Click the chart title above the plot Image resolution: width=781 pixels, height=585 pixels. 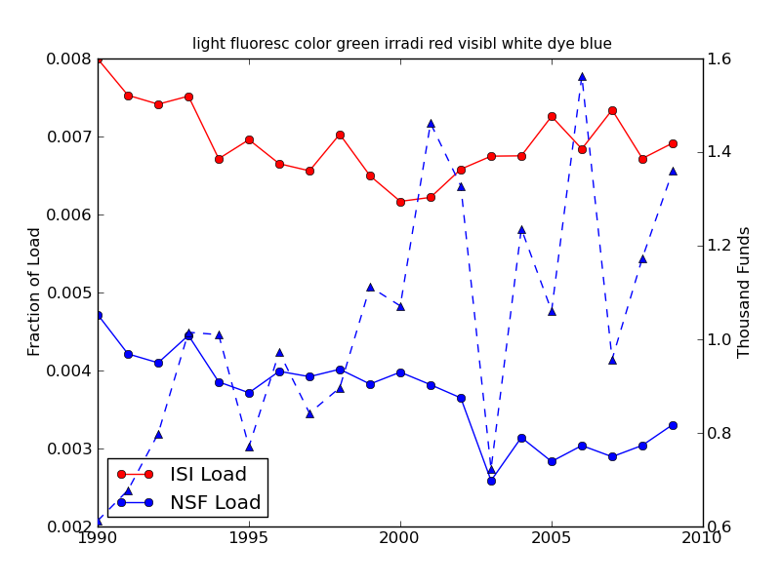(x=401, y=44)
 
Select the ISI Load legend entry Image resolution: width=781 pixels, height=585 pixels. (x=208, y=475)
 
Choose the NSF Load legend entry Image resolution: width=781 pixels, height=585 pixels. (x=215, y=503)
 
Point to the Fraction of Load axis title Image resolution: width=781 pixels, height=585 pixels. (x=35, y=292)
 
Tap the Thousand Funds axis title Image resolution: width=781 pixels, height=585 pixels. (x=744, y=292)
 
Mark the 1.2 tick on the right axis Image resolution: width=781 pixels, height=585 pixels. (x=721, y=246)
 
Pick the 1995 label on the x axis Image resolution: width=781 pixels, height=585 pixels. (x=249, y=537)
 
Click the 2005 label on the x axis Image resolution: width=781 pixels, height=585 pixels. (x=552, y=537)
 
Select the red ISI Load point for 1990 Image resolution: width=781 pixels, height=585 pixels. (x=98, y=58)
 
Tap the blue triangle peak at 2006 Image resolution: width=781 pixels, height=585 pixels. (x=582, y=76)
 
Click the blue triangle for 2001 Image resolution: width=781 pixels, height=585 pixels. (x=431, y=124)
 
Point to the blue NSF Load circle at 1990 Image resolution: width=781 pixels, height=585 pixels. (x=98, y=315)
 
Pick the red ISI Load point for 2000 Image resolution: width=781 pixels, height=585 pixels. (x=400, y=202)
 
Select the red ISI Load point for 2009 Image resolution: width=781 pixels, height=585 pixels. (x=673, y=143)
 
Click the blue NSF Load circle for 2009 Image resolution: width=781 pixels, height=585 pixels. (x=673, y=425)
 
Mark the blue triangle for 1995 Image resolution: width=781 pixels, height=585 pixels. (x=249, y=447)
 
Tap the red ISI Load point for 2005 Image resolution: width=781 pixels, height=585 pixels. (x=552, y=116)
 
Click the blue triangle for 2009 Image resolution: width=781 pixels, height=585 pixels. (x=673, y=171)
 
